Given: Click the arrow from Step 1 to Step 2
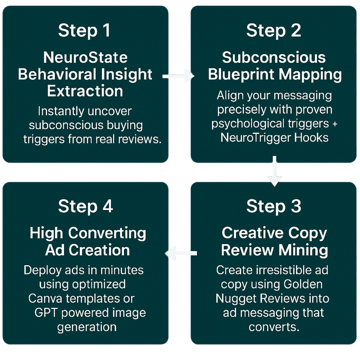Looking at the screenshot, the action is (178, 76).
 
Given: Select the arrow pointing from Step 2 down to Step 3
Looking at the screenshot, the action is (274, 171).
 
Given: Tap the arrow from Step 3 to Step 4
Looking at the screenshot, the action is (181, 253).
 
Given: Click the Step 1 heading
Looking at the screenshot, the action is (84, 30).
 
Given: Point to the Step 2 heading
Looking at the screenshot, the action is (273, 30).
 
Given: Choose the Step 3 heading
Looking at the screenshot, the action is (274, 206).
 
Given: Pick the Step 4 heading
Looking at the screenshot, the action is (85, 206).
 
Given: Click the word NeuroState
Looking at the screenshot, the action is (85, 57).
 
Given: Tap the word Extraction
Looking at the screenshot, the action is (85, 91).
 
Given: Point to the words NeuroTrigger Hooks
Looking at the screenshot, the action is (274, 138).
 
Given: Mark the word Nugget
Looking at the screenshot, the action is (236, 299).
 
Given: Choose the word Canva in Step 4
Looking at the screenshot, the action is (45, 298).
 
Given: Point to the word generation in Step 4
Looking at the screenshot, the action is (87, 327).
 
